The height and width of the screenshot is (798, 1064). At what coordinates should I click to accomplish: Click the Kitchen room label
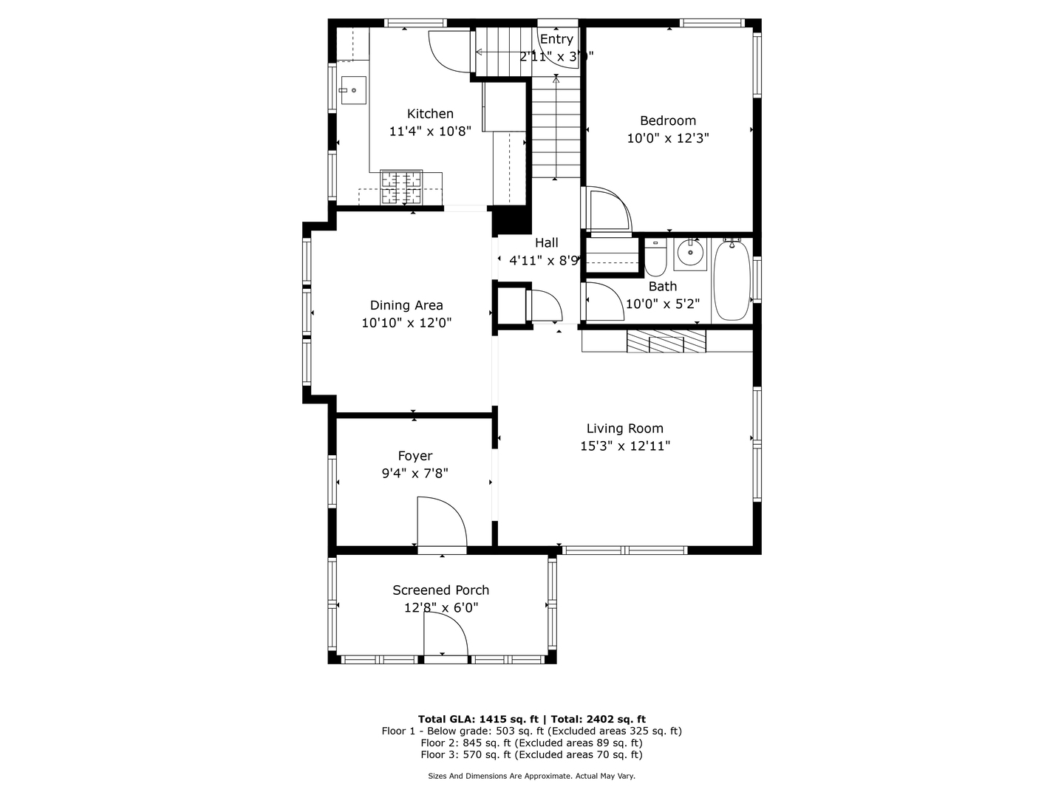click(430, 114)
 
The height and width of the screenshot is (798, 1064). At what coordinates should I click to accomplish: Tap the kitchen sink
click(353, 90)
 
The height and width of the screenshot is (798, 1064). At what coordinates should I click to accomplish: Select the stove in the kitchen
click(401, 188)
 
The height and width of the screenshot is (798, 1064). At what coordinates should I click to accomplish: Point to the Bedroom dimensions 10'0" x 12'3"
click(668, 138)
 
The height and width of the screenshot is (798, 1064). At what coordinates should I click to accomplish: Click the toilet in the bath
click(655, 257)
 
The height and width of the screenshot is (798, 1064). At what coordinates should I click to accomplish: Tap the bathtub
click(731, 279)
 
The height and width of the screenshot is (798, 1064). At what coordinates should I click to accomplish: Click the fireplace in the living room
click(666, 341)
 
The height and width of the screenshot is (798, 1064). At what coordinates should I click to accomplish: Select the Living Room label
click(625, 429)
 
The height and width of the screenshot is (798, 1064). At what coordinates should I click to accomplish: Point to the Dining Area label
click(406, 305)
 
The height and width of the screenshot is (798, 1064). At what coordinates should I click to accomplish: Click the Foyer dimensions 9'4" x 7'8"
click(415, 474)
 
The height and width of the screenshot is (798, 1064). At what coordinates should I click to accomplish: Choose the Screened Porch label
click(440, 590)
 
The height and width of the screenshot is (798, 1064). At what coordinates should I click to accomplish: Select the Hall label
click(547, 243)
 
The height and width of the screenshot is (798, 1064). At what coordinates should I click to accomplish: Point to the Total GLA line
click(531, 719)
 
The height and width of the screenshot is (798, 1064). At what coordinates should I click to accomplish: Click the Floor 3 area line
click(531, 755)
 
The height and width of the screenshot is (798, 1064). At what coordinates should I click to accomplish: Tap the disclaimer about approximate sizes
click(531, 777)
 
